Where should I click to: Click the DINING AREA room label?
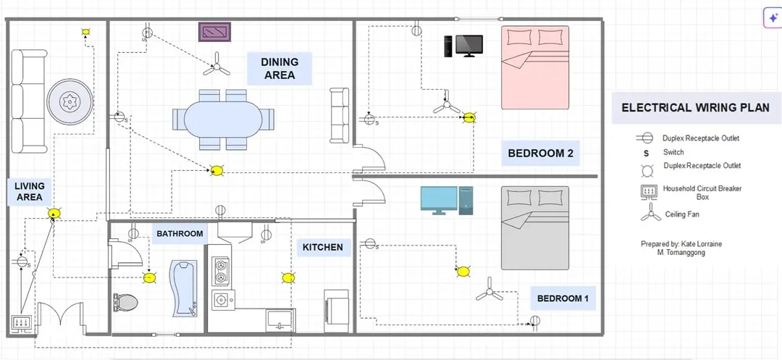point(279,69)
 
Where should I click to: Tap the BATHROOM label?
point(180,233)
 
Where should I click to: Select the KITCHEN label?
point(323,247)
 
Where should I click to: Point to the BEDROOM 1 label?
point(563,298)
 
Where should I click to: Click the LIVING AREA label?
point(30,191)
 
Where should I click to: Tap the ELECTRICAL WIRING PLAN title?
point(695,108)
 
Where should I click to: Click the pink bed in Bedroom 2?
point(535,67)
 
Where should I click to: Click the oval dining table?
point(224,120)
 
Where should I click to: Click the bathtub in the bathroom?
point(183,288)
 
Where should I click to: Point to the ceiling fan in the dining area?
point(216,65)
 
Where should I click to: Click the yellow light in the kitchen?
point(287,277)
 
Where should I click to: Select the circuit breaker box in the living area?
point(22,324)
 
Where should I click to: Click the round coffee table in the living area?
point(70,102)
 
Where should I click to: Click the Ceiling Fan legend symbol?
point(650,213)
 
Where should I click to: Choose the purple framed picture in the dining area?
point(214,32)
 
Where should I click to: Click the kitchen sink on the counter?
point(281,319)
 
